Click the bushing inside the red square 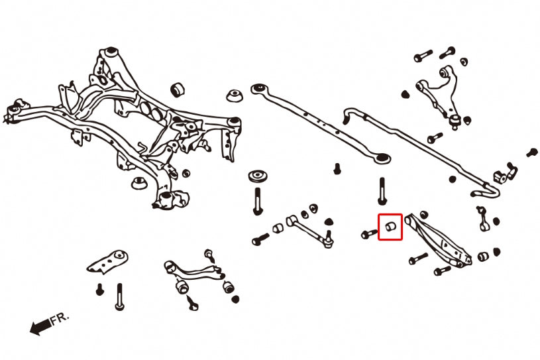click(390, 227)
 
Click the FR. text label click(59, 320)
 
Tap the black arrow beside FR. click(40, 326)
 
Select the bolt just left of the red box click(369, 233)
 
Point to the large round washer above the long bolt click(258, 177)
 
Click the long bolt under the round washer click(258, 199)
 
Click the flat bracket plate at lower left click(108, 261)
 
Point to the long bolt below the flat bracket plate click(119, 296)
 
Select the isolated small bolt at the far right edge click(531, 152)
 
